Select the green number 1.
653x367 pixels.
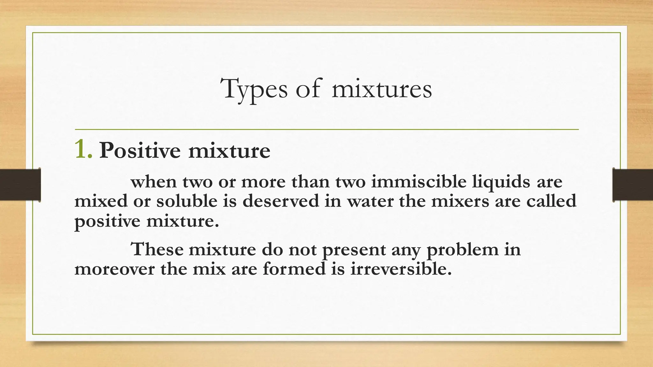point(83,150)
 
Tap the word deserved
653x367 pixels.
point(281,201)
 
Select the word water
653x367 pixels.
point(370,201)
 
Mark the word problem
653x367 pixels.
point(462,250)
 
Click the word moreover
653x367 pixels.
point(114,269)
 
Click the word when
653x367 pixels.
point(153,182)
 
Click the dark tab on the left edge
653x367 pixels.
point(20,185)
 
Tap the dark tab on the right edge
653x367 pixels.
point(633,185)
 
